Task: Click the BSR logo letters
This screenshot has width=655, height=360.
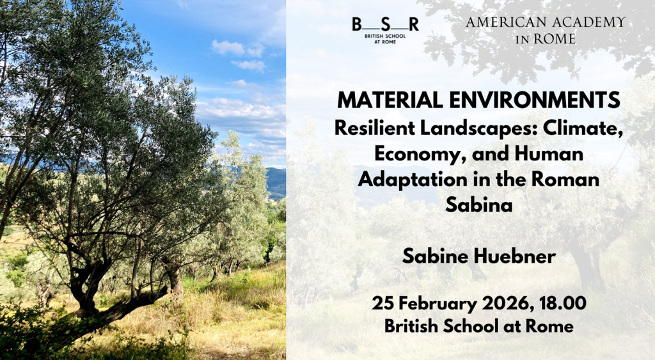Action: tap(385, 24)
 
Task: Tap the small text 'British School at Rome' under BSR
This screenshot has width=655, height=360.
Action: tap(385, 39)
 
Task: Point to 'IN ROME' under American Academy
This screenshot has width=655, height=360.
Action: tap(545, 39)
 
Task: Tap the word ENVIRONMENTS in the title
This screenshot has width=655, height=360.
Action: tap(534, 100)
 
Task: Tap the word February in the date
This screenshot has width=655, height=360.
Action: tap(435, 303)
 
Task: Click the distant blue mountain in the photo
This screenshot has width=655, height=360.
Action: tap(276, 182)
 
